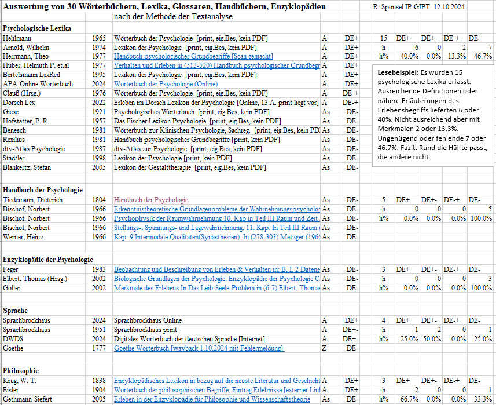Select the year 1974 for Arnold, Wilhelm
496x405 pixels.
pyautogui.click(x=98, y=47)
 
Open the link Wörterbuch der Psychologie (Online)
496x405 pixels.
pyautogui.click(x=166, y=84)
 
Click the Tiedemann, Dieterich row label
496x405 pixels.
pyautogui.click(x=32, y=200)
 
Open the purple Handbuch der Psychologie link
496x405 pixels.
pyautogui.click(x=150, y=200)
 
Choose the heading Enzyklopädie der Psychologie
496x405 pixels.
pyautogui.click(x=48, y=259)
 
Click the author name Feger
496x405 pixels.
pyautogui.click(x=12, y=269)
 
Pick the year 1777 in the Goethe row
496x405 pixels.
pyautogui.click(x=98, y=348)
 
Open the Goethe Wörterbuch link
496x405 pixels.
pyautogui.click(x=199, y=348)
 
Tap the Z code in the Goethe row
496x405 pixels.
pyautogui.click(x=324, y=348)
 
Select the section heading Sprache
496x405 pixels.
pyautogui.click(x=16, y=311)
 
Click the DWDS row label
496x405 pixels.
pyautogui.click(x=14, y=339)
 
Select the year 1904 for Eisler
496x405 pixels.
pyautogui.click(x=98, y=390)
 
